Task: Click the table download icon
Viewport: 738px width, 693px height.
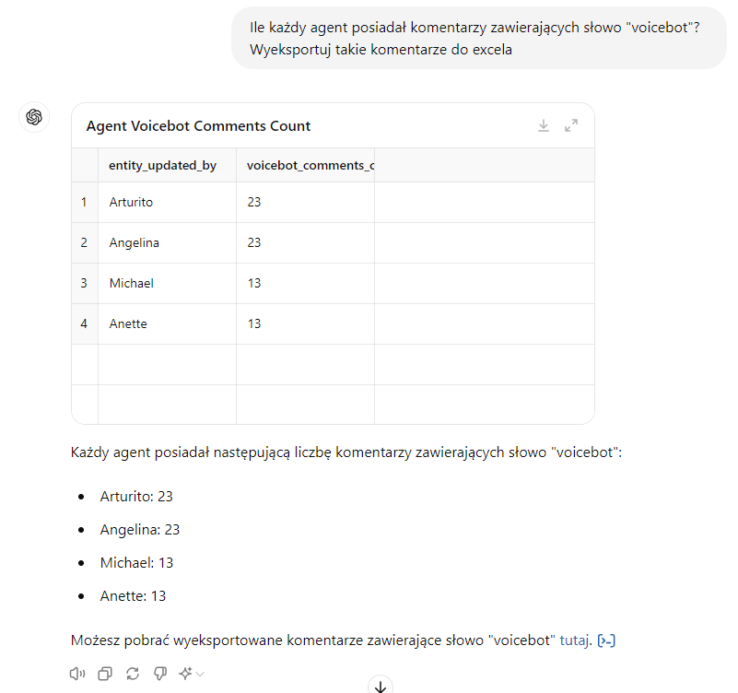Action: (x=544, y=125)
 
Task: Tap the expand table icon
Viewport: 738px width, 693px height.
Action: (x=571, y=125)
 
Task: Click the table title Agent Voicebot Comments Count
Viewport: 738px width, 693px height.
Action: (x=198, y=126)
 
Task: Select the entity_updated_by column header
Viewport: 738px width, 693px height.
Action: (x=163, y=165)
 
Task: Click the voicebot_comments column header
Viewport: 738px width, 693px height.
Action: (x=310, y=165)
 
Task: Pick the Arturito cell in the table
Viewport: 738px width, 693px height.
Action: (x=131, y=202)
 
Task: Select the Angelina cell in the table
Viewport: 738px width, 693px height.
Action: (x=134, y=242)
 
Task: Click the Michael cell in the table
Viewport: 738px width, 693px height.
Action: (x=131, y=283)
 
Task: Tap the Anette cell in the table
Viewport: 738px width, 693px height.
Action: (x=128, y=323)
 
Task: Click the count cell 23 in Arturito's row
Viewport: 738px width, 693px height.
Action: (x=254, y=202)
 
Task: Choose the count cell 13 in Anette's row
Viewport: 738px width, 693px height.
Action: (x=254, y=323)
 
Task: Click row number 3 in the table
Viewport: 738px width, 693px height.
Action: (x=84, y=283)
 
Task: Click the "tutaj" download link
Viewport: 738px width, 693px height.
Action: (x=574, y=640)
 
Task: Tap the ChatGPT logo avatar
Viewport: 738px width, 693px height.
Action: (x=34, y=117)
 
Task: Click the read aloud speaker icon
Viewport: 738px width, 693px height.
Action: (x=77, y=674)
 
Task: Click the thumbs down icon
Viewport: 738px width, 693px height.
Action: (x=159, y=674)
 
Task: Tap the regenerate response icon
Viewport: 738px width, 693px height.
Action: (x=133, y=674)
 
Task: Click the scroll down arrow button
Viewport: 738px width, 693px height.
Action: (x=381, y=685)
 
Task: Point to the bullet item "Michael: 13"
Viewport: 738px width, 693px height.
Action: (x=136, y=562)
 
